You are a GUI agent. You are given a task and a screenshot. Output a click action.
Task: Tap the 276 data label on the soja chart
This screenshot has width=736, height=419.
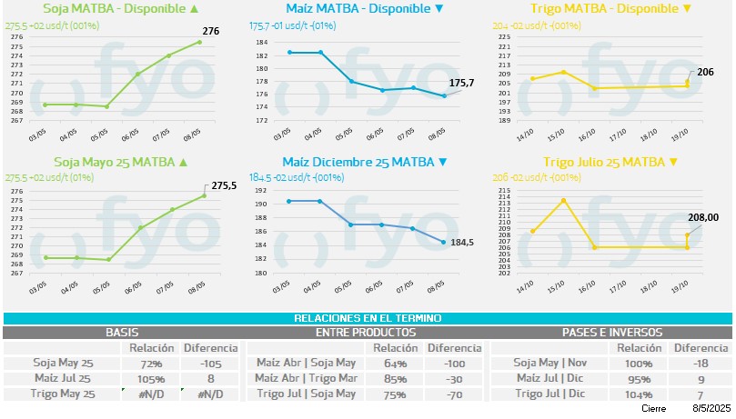point(211,32)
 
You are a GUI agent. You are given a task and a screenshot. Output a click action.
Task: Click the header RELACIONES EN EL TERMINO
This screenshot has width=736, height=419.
point(368,318)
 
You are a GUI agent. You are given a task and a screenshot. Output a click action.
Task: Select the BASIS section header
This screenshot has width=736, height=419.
point(122,333)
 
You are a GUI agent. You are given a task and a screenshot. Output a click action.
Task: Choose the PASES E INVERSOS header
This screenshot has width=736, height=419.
point(611,333)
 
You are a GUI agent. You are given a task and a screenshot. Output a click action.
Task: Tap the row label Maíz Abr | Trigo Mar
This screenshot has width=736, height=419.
point(306,378)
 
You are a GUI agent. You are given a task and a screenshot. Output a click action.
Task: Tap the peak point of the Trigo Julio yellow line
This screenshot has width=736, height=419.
point(563,200)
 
